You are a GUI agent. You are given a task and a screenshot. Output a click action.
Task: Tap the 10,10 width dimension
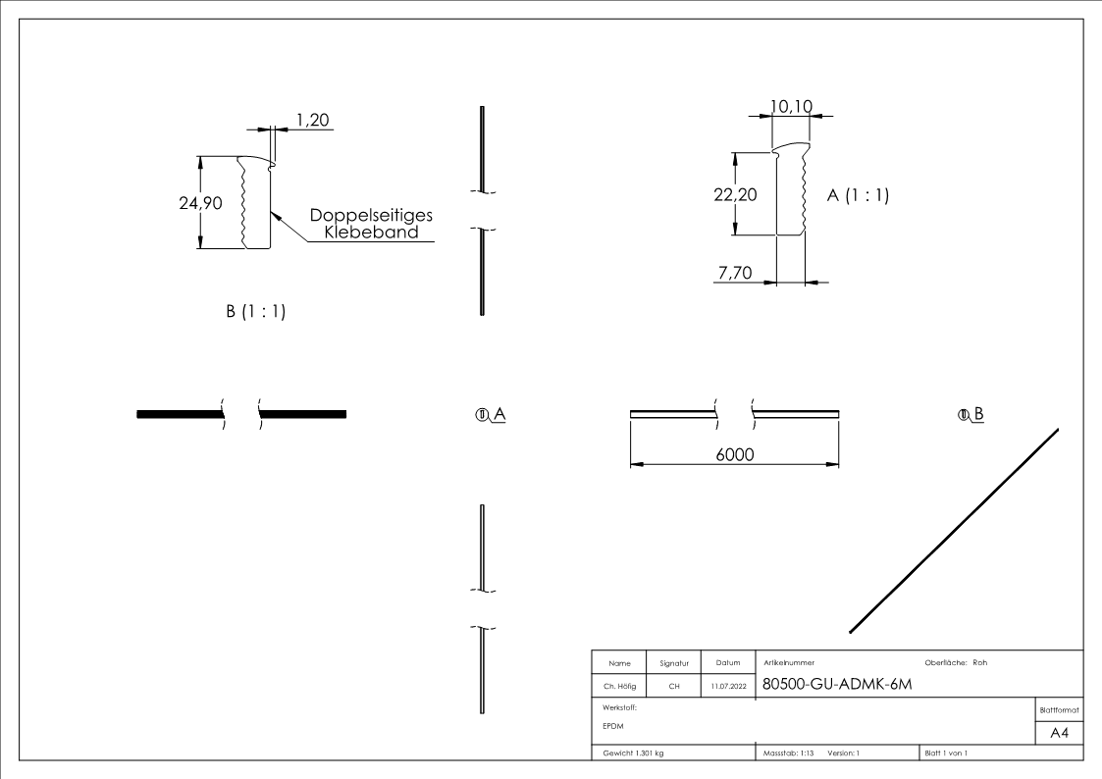[x=791, y=104]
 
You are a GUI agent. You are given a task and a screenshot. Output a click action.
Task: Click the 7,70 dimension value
[x=735, y=273]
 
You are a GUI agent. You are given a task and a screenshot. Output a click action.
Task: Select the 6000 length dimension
[x=734, y=456]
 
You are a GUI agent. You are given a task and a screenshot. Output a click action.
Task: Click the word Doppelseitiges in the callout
[x=372, y=216]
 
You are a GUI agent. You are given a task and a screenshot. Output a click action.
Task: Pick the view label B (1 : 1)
[x=256, y=312]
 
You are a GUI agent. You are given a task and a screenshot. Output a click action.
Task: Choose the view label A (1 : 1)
[x=859, y=195]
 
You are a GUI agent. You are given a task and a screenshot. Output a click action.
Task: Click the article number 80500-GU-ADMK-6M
[x=837, y=684]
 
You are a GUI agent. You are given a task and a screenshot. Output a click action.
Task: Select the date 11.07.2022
[x=727, y=687]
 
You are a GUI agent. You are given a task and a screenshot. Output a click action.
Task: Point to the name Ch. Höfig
[x=619, y=687]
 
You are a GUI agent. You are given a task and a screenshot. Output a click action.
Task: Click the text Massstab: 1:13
[x=789, y=753]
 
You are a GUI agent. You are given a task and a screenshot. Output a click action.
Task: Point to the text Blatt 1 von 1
[x=946, y=753]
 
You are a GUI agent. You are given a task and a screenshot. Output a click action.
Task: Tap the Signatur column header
[x=674, y=663]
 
